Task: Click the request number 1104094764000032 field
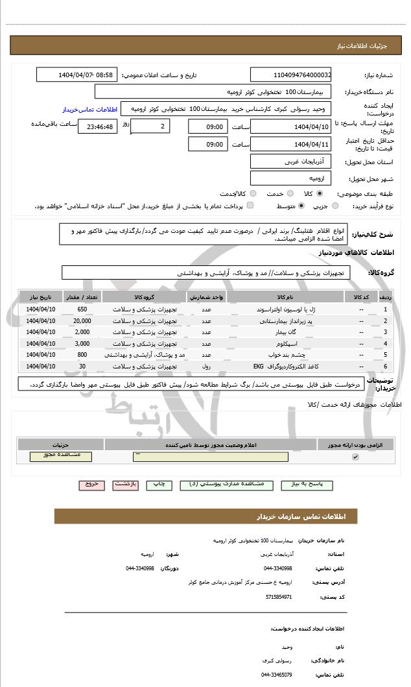click(290, 75)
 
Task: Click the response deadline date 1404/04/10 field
click(290, 127)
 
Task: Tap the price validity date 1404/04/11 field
click(290, 144)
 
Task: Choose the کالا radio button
click(320, 193)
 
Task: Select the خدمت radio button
click(289, 193)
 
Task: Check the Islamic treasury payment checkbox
click(250, 206)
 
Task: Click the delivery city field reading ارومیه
click(290, 177)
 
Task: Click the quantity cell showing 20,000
click(82, 320)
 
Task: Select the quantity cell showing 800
click(82, 355)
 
